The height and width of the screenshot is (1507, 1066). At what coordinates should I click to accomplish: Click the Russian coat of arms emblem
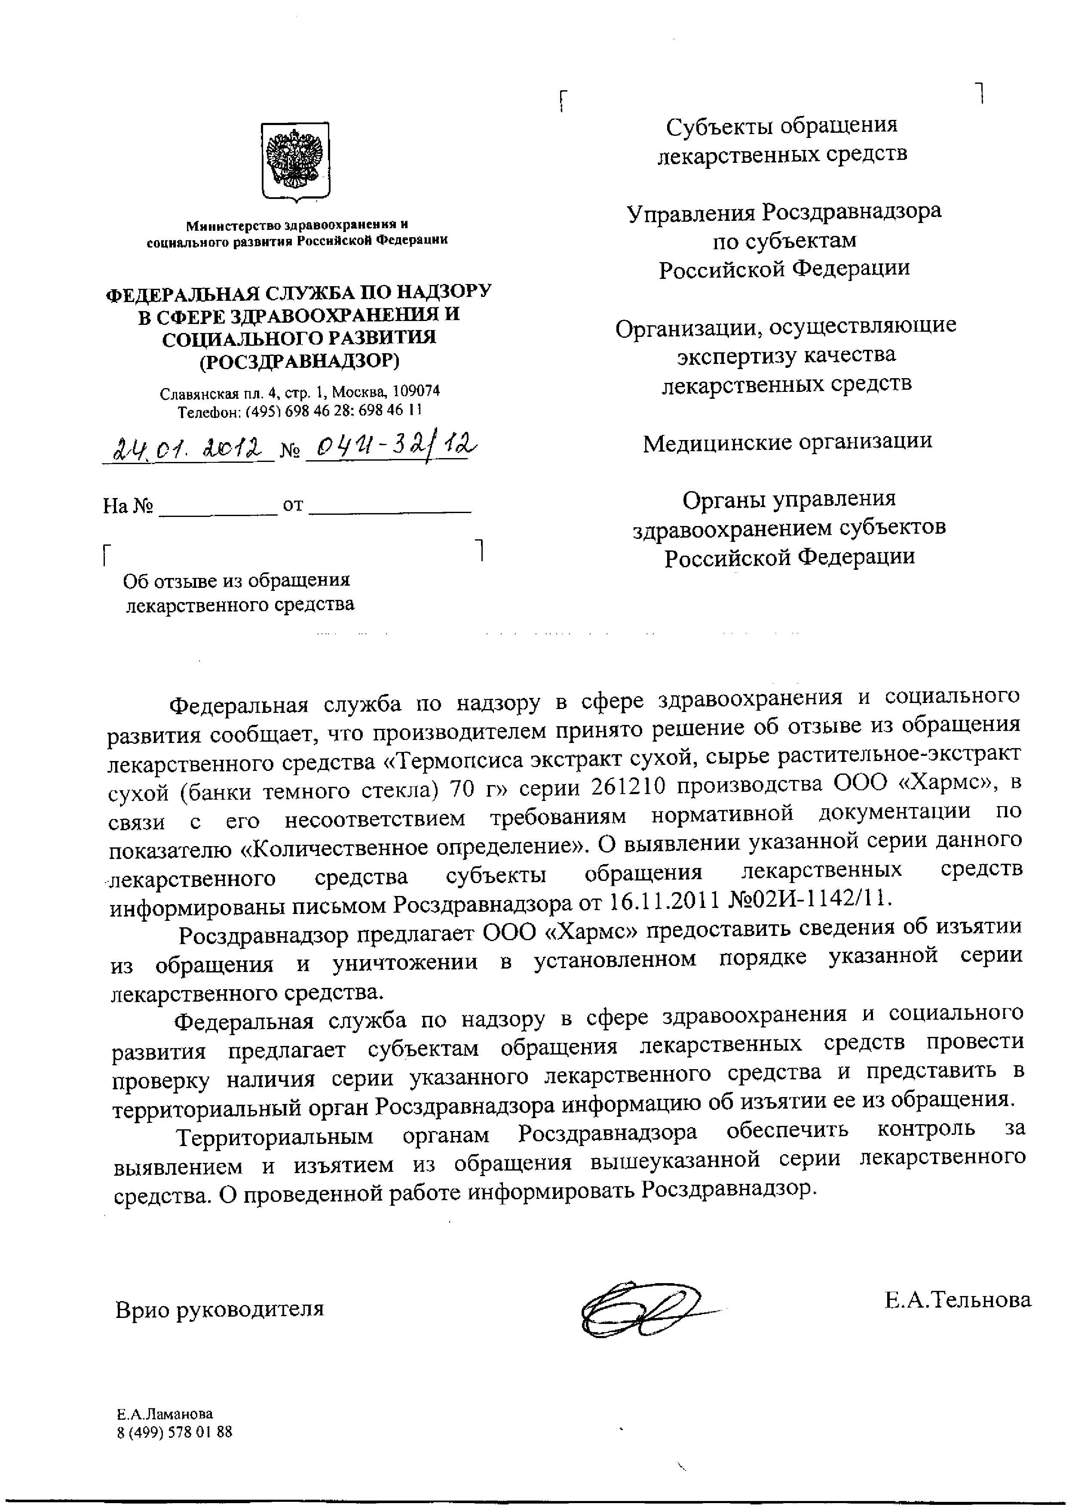tap(295, 160)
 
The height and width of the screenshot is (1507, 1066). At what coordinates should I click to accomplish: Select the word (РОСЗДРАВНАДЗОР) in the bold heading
tap(299, 361)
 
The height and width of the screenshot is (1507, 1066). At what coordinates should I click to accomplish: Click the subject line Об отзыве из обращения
tap(237, 580)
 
